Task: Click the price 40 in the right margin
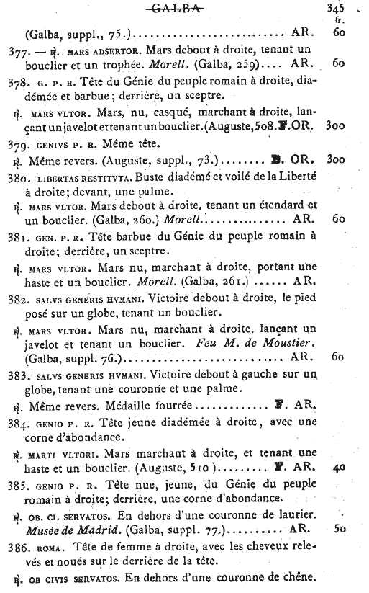click(x=339, y=467)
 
